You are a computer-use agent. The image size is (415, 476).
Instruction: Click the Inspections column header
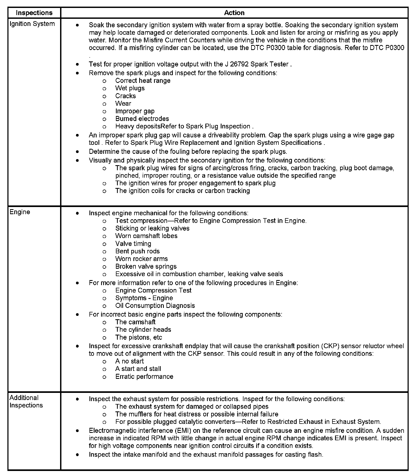pos(34,13)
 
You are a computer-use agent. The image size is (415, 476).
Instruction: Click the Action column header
pos(234,13)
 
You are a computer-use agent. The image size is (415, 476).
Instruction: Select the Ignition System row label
pos(32,24)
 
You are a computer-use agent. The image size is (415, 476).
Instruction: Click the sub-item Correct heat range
pos(143,81)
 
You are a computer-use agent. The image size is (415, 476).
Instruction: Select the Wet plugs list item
pos(130,88)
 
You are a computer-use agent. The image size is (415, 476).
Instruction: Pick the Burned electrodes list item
pos(142,119)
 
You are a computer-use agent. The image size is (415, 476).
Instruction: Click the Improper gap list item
pos(135,111)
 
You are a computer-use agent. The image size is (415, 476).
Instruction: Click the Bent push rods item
pos(137,251)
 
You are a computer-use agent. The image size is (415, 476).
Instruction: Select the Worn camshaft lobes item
pos(146,236)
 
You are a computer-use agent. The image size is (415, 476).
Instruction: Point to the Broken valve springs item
pos(146,267)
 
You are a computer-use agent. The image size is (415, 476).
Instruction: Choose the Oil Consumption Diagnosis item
pos(155,306)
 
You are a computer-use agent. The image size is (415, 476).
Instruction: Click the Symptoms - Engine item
pos(144,298)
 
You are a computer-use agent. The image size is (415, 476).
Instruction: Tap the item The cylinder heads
pos(143,330)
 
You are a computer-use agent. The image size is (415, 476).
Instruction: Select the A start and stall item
pos(138,369)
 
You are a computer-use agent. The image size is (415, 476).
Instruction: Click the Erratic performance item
pos(144,377)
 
